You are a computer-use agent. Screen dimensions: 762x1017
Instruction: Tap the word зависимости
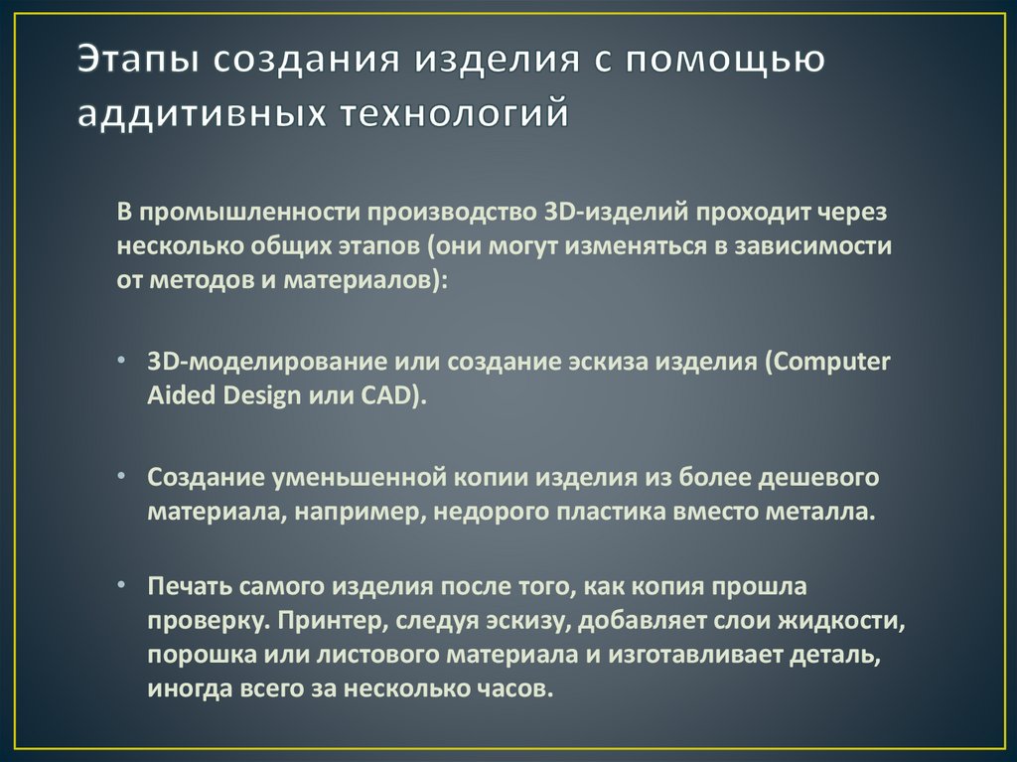point(817,246)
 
